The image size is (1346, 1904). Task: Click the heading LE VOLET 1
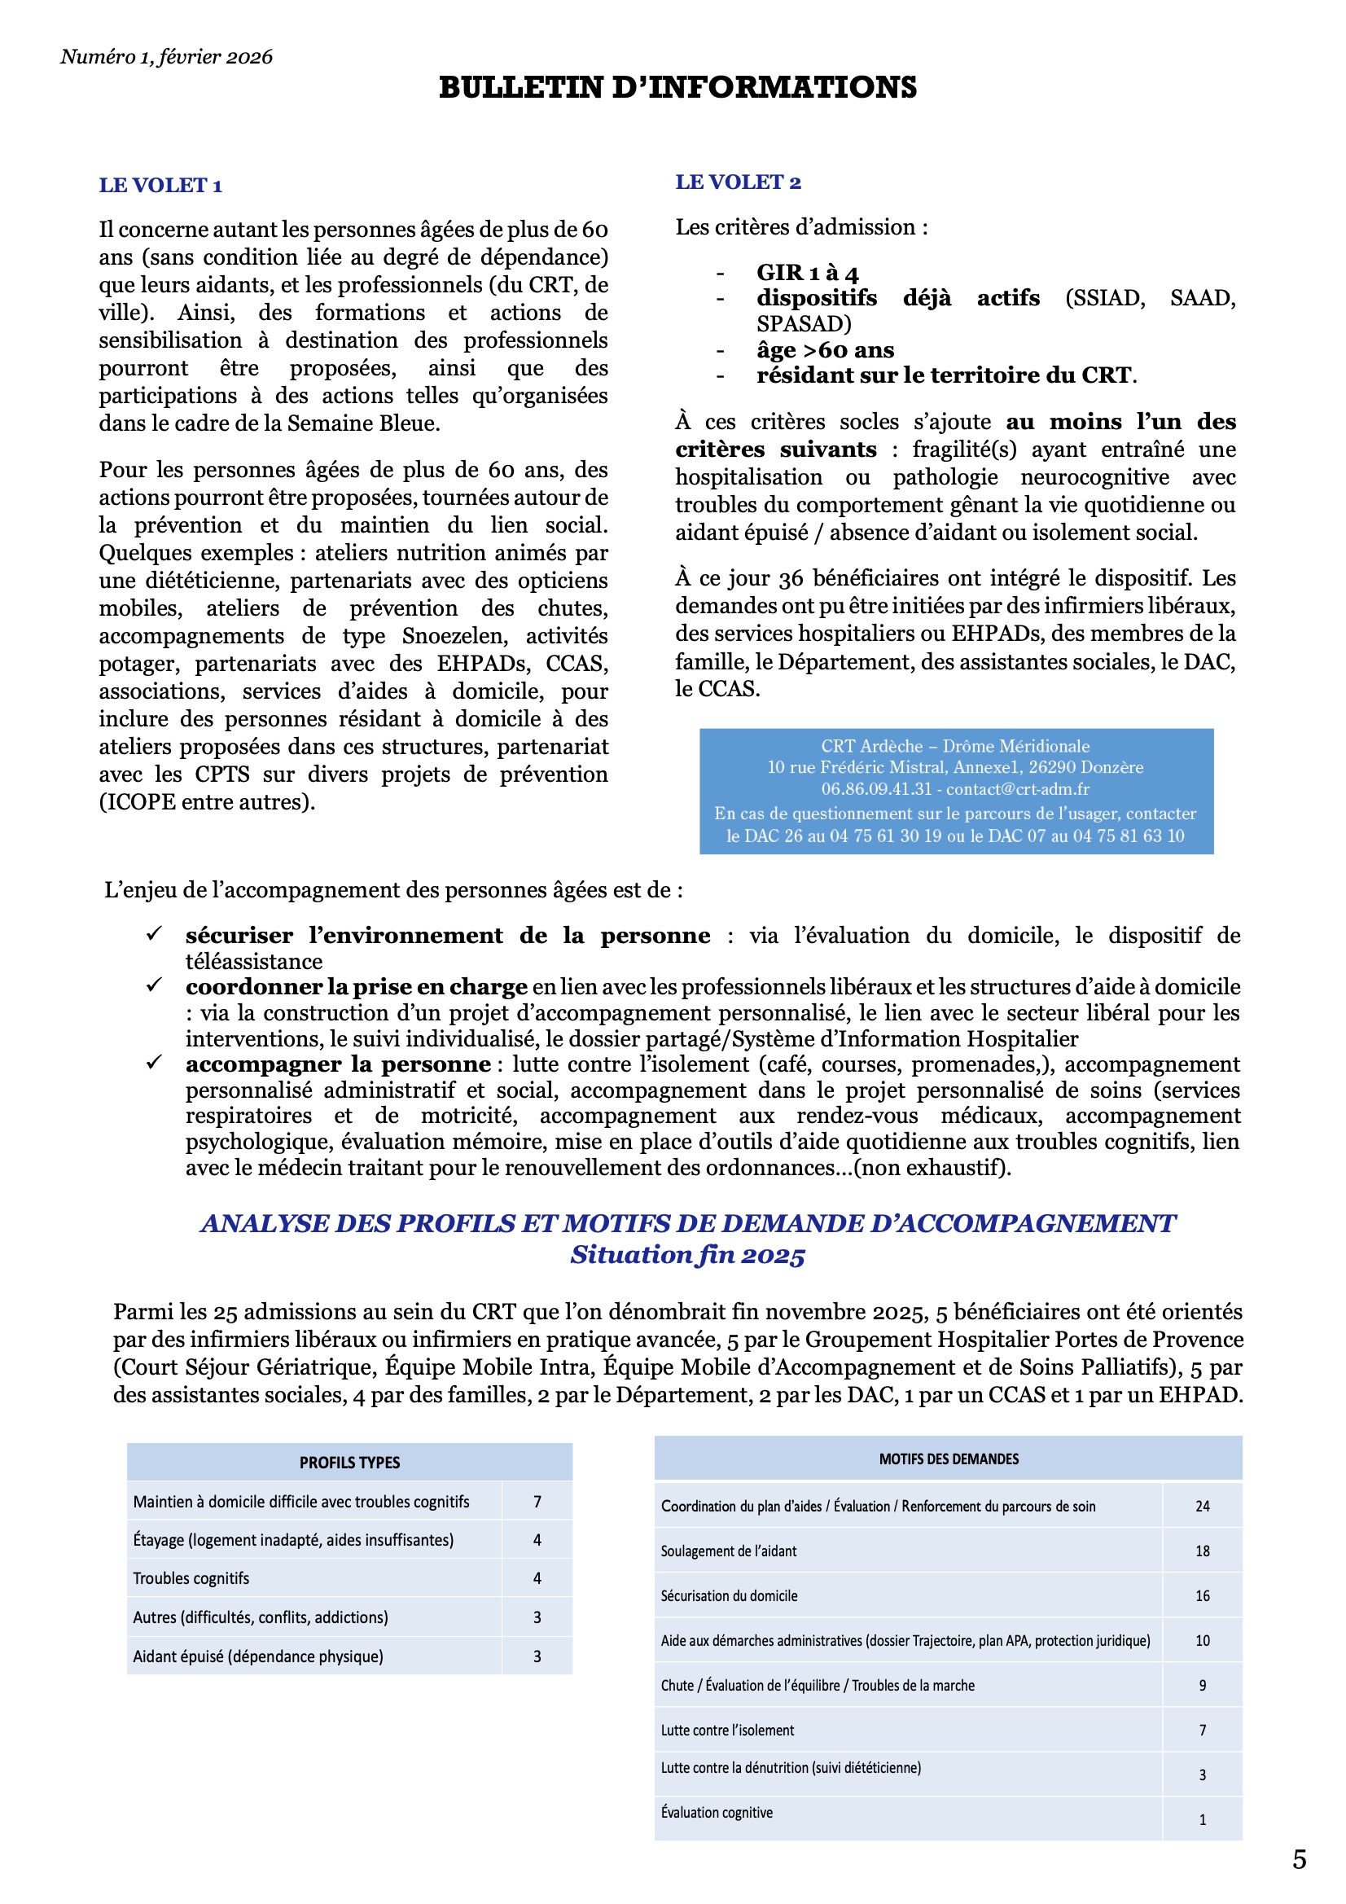160,185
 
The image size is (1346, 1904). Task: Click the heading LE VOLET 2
737,182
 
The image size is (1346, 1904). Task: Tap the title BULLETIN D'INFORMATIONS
677,87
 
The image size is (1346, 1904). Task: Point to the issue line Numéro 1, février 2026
166,56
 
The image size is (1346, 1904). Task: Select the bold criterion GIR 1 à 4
807,272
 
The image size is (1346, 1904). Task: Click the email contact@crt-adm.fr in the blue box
1018,788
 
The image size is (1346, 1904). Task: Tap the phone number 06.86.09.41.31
876,788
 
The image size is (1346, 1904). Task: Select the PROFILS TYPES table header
349,1462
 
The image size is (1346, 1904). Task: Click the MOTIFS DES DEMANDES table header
948,1459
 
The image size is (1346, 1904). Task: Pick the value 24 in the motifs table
1202,1506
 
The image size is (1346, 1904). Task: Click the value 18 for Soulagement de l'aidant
1202,1551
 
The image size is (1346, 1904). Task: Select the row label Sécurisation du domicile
728,1595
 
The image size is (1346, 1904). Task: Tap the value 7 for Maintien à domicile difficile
537,1501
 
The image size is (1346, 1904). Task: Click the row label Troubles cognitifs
191,1578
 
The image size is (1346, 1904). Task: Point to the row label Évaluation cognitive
717,1812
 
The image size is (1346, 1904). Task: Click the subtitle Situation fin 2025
686,1254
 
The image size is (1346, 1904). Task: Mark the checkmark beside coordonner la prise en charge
154,985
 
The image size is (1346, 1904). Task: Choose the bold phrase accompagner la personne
338,1064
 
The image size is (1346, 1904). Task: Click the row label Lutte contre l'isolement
726,1730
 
